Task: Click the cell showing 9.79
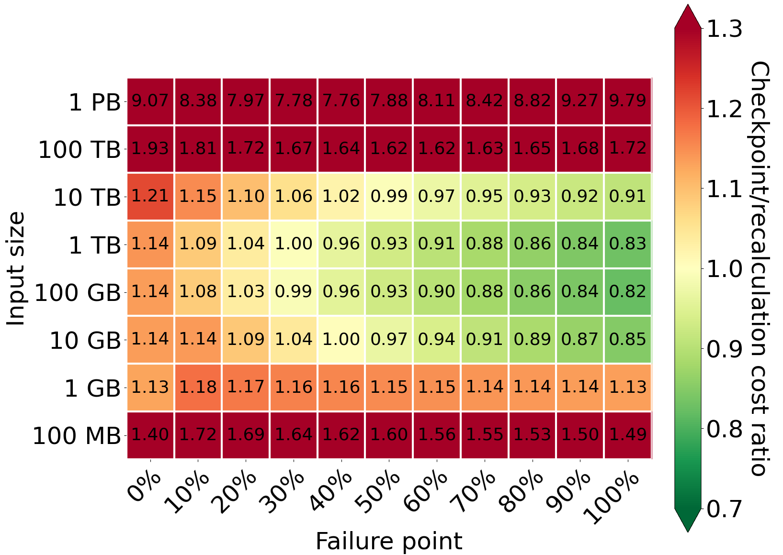coord(628,101)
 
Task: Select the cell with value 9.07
coord(150,101)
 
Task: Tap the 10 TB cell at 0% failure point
coord(150,196)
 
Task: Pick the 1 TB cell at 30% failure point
coord(294,244)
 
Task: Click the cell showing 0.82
coord(628,291)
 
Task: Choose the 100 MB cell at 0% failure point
coord(150,434)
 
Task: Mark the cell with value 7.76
coord(341,101)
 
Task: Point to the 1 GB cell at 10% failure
coord(198,387)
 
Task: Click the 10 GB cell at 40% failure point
coord(341,339)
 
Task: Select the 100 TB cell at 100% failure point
coord(628,148)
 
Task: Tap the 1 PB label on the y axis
coord(95,102)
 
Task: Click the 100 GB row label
coord(78,293)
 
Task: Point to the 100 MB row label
coord(77,436)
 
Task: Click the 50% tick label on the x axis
coord(377,493)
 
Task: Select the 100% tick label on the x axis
coord(613,498)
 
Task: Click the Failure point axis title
coord(389,542)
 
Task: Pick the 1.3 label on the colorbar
coord(725,29)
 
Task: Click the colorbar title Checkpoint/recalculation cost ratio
coord(759,268)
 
